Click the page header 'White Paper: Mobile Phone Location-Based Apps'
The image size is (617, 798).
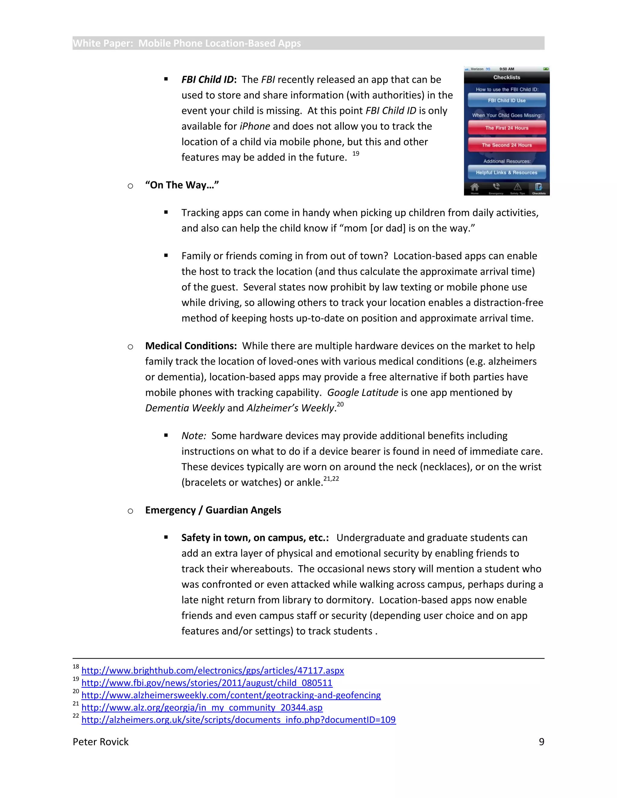coord(187,43)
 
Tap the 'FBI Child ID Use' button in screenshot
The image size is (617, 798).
coord(507,100)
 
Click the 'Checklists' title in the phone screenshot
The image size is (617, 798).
coord(507,77)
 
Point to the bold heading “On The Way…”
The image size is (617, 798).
coord(182,185)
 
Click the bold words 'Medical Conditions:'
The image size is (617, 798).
coord(191,346)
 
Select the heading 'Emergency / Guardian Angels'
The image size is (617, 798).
coord(213,510)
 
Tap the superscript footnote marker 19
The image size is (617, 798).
coord(356,154)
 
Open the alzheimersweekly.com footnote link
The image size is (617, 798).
coord(231,695)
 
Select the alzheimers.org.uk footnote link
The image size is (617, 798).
coord(238,719)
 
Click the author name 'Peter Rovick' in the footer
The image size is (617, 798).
coord(101,742)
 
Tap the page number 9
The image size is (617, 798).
coord(541,742)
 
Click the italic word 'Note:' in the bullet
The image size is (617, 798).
coord(194,435)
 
